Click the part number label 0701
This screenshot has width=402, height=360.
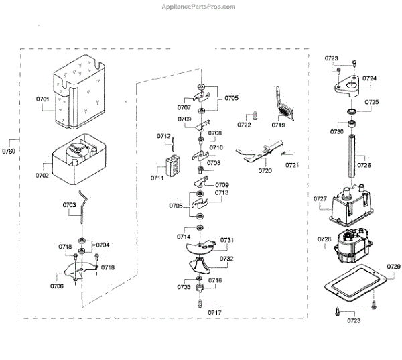click(x=43, y=99)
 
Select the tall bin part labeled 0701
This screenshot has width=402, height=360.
click(x=81, y=94)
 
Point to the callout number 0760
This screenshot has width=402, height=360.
click(x=9, y=152)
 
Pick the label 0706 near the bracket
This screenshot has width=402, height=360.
click(x=57, y=286)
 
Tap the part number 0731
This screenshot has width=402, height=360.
click(x=227, y=240)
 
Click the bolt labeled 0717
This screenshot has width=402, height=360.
click(x=199, y=306)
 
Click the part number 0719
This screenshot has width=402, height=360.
click(x=279, y=125)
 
